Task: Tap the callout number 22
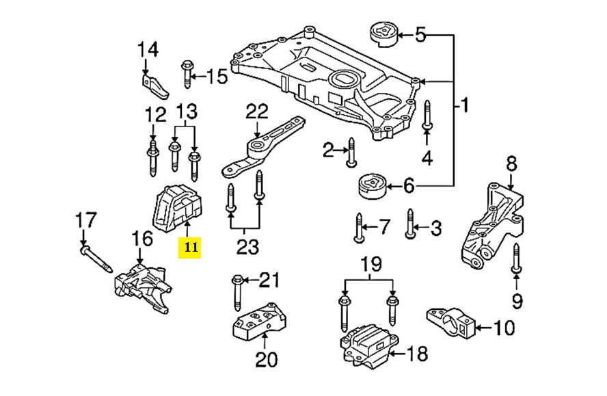point(258,111)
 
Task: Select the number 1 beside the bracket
point(466,106)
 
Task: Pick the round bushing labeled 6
point(372,185)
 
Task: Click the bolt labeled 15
point(187,75)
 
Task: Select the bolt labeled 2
point(350,152)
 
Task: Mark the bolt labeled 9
point(516,264)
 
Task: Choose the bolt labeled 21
point(237,291)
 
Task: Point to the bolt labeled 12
point(152,157)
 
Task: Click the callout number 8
point(511,164)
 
